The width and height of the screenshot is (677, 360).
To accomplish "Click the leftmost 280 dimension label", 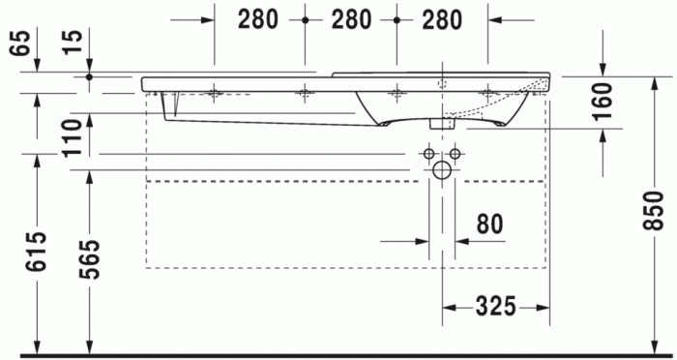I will coord(257,19).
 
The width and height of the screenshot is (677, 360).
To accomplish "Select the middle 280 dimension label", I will coord(349,19).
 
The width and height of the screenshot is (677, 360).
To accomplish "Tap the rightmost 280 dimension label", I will coord(441,19).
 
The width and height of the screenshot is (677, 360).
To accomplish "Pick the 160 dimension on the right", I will coord(602,100).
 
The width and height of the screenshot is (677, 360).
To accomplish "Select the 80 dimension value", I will coord(489,225).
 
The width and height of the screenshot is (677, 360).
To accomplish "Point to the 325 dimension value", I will coord(494,308).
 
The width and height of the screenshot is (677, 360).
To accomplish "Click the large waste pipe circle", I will coord(442,171).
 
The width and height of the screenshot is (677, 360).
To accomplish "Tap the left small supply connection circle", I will coord(428,154).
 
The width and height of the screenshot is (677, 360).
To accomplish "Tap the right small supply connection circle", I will coord(456,154).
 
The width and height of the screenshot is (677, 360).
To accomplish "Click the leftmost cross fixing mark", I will coord(214,93).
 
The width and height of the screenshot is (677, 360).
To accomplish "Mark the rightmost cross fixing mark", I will coord(487,93).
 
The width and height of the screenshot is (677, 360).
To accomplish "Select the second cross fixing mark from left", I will coord(305,93).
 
